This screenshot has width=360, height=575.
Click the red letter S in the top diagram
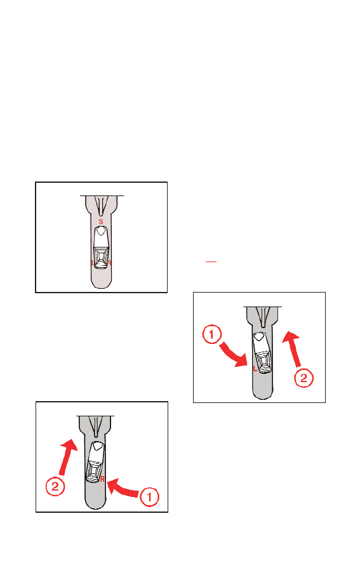click(101, 221)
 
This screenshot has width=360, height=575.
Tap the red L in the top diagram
click(93, 263)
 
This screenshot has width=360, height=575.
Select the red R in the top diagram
click(109, 263)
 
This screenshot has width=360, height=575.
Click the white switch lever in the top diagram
click(101, 248)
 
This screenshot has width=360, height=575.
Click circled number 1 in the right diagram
click(211, 334)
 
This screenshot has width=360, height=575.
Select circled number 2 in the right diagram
click(304, 378)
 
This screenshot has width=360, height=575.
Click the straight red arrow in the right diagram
click(293, 349)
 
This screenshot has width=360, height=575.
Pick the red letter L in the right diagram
click(255, 369)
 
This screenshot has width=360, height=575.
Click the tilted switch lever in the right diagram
click(262, 353)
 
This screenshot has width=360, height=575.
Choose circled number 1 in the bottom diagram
click(149, 497)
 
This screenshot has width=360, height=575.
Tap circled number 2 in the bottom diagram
click(55, 487)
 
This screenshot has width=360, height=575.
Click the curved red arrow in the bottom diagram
click(124, 489)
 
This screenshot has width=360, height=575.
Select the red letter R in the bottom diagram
click(102, 479)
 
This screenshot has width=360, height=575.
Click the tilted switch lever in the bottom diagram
click(95, 462)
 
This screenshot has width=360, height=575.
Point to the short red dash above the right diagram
click(211, 262)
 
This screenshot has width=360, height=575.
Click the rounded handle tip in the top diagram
click(101, 282)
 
